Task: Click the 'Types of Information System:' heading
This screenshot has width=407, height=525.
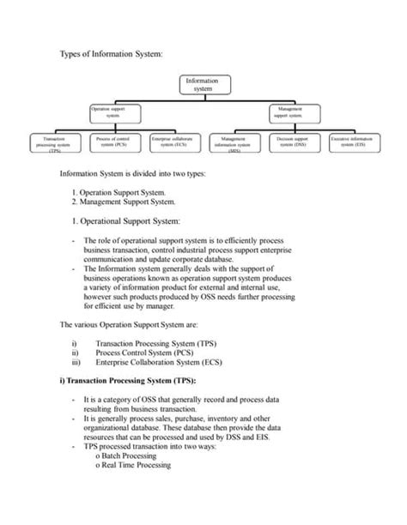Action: coord(110,53)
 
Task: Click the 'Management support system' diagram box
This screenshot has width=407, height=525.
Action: coord(294,112)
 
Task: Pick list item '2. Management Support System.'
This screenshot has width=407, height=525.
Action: coord(125,202)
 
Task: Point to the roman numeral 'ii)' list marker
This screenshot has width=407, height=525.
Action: coord(76,352)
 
